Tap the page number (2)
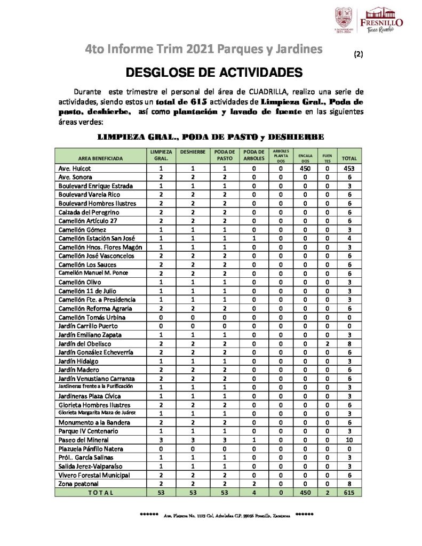[x=358, y=54]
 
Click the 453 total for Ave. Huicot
[x=350, y=168]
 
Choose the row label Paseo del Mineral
[x=83, y=440]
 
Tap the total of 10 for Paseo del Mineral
[x=350, y=440]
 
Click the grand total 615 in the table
[x=350, y=493]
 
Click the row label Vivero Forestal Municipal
[x=94, y=475]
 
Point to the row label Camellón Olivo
[x=79, y=282]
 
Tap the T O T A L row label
[x=100, y=493]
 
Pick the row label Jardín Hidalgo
[x=78, y=361]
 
